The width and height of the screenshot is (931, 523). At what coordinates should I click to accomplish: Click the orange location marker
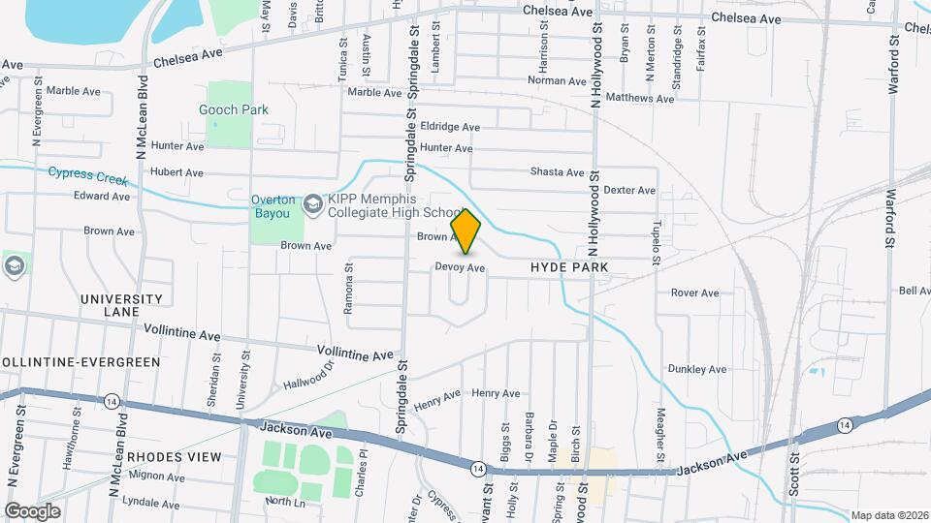click(466, 231)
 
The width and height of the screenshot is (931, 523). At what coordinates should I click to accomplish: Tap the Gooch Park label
click(234, 110)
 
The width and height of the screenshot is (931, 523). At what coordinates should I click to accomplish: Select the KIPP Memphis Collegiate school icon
click(313, 203)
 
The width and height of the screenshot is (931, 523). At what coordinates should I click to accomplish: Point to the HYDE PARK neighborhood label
click(569, 267)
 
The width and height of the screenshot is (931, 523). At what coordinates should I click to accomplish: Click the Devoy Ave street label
click(460, 267)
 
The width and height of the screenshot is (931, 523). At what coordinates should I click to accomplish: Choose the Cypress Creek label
click(88, 175)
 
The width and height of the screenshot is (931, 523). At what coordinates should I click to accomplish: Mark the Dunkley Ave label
click(696, 369)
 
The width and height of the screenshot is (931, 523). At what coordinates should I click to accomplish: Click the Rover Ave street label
click(694, 292)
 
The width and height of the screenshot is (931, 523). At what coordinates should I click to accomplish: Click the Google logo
click(32, 510)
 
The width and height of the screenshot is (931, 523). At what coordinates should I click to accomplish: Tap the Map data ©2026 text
click(888, 515)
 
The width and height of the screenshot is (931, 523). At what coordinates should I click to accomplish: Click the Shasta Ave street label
click(557, 172)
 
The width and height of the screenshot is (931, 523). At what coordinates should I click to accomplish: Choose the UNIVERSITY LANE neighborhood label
click(122, 305)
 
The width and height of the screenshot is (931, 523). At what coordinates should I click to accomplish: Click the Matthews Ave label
click(639, 99)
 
